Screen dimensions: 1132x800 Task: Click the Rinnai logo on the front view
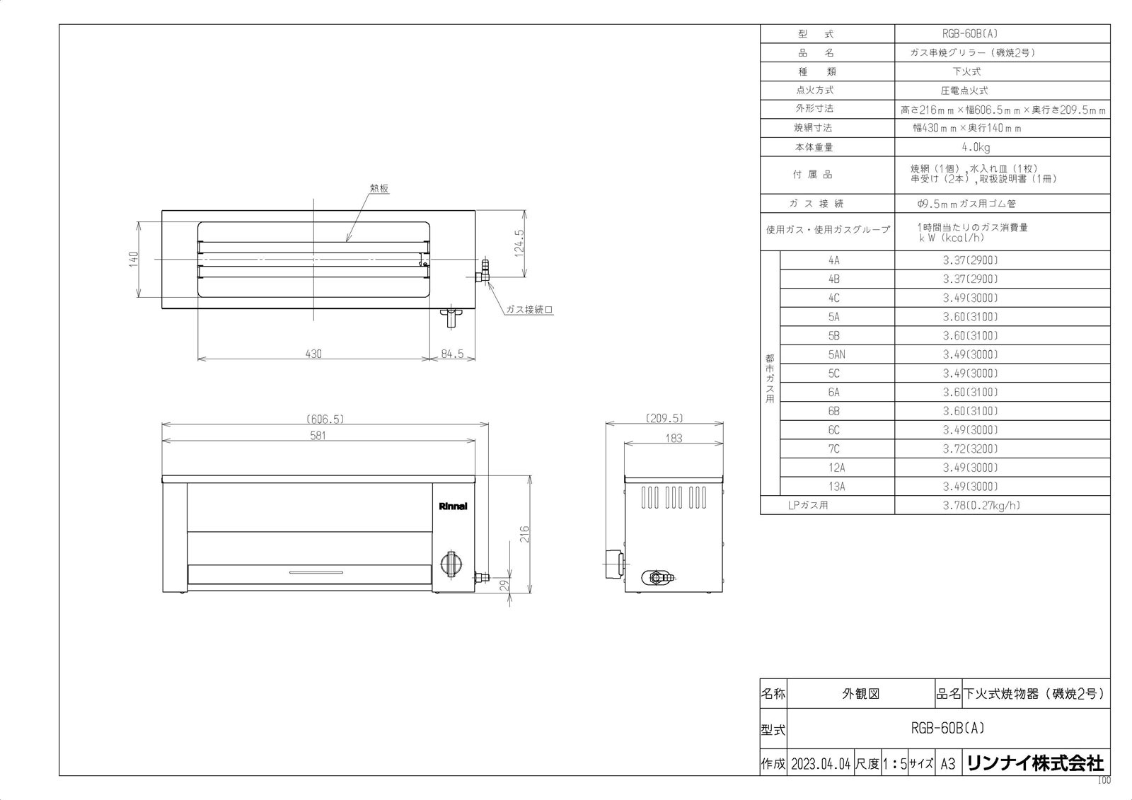click(x=453, y=506)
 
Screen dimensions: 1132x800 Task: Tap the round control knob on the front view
click(x=450, y=564)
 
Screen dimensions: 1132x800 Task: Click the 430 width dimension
click(x=313, y=354)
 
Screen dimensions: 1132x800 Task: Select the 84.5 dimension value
click(x=452, y=354)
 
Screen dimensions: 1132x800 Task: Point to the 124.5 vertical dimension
click(x=519, y=243)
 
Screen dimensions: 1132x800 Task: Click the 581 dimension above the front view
click(x=318, y=436)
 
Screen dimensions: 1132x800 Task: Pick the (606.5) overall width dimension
click(x=325, y=419)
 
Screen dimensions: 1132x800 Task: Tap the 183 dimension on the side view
click(x=674, y=438)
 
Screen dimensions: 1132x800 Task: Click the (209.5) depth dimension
click(x=664, y=418)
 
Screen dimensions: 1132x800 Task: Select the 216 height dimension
click(x=524, y=534)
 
